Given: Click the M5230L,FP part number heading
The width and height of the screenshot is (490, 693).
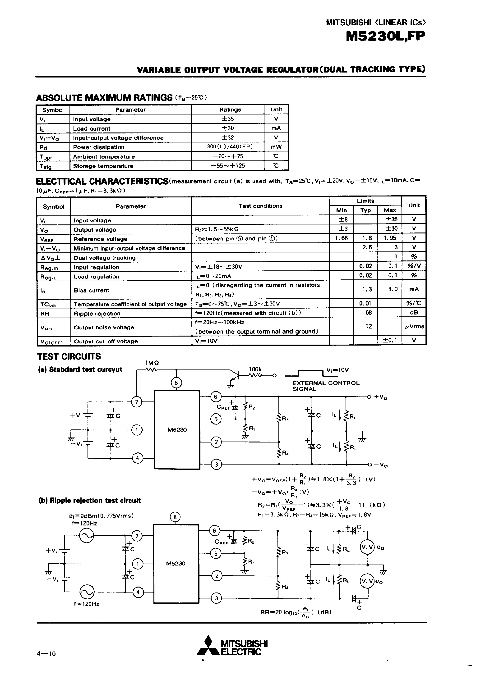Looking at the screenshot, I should click(385, 36).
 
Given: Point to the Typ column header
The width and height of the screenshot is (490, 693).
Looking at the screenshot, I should click(365, 210).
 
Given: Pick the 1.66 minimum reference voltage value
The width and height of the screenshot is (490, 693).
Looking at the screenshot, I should click(341, 238).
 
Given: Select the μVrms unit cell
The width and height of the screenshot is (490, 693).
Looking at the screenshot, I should click(414, 327).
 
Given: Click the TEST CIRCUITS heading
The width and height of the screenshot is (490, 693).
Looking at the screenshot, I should click(69, 356).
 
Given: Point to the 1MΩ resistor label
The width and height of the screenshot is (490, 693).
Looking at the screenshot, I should click(152, 362).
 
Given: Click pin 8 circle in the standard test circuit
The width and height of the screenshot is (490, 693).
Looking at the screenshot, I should click(176, 383).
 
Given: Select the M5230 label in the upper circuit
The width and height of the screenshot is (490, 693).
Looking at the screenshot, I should click(177, 429).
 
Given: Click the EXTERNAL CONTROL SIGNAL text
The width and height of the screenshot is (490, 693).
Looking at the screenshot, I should click(326, 386).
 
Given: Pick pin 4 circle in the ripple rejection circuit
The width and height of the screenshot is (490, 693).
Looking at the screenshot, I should click(138, 592).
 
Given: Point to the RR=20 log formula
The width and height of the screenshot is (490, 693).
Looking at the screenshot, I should click(296, 612).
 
